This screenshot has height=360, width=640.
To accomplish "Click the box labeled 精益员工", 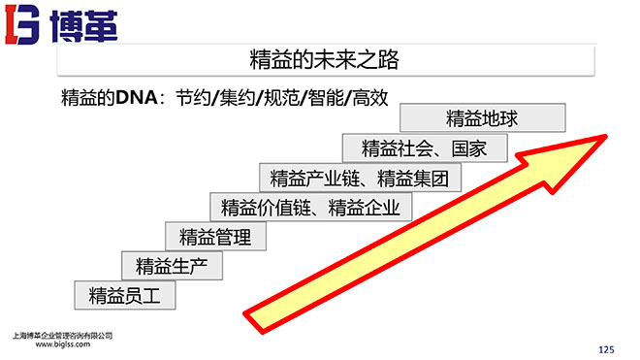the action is click(125, 295).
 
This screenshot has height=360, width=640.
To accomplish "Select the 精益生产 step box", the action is click(166, 265).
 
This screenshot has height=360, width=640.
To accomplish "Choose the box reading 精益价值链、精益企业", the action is click(310, 207).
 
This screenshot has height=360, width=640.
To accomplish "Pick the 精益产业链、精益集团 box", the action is click(360, 178).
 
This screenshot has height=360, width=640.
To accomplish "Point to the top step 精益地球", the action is click(482, 119).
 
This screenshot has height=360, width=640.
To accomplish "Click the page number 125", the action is click(607, 347).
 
